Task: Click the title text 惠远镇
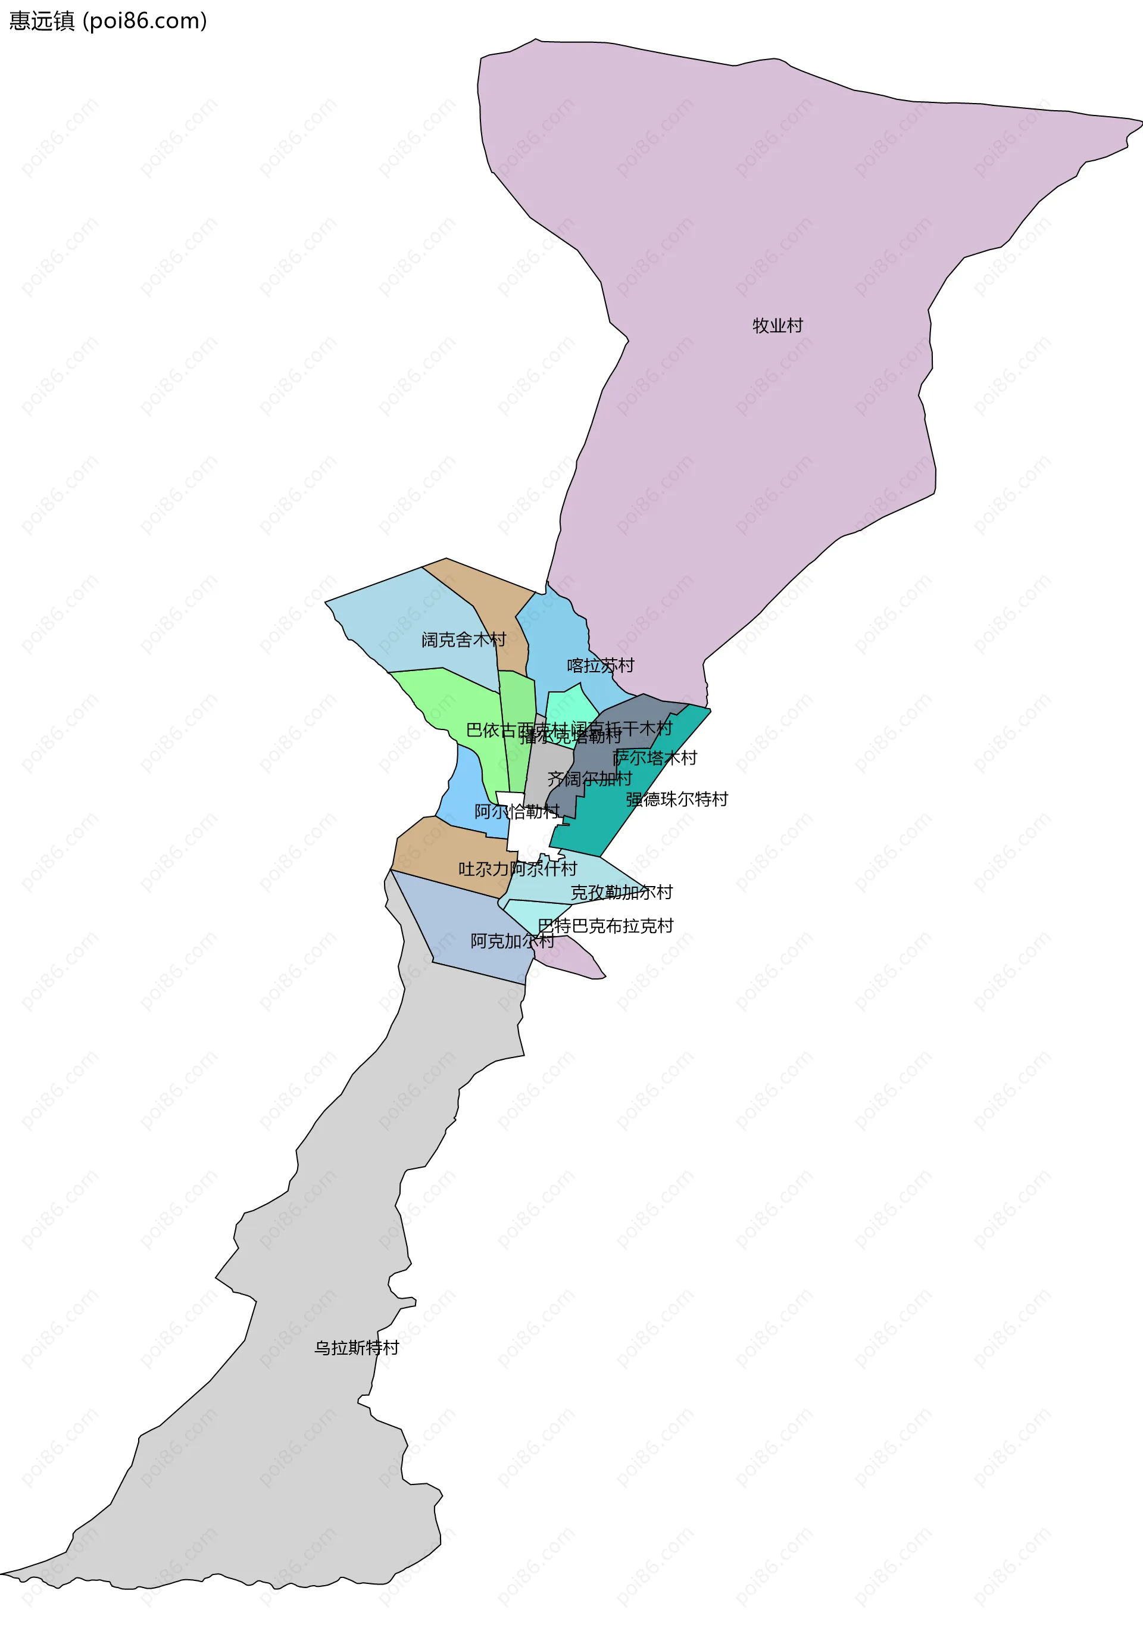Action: [41, 21]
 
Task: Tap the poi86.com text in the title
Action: [145, 21]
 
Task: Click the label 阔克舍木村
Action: [464, 640]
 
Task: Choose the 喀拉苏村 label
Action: [600, 665]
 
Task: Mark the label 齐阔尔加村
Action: [589, 778]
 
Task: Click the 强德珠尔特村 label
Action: [676, 799]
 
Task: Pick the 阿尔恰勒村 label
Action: [516, 811]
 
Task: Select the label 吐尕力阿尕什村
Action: [517, 869]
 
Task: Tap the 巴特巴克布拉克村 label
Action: [605, 925]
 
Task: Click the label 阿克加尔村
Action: [512, 941]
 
